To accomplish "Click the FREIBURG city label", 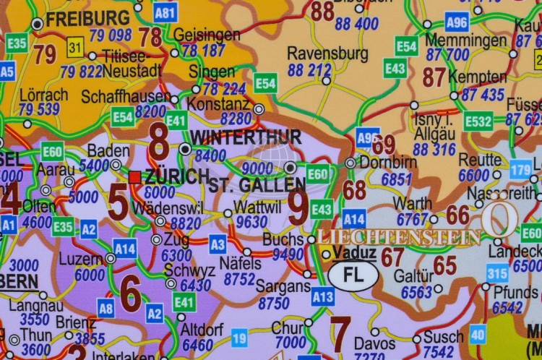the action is tap(87, 18).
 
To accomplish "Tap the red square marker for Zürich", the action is tap(134, 176).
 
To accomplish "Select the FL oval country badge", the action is tap(353, 275).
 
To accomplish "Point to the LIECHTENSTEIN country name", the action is tap(399, 237).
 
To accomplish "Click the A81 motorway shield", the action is tap(165, 12).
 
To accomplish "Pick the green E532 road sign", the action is tap(478, 121).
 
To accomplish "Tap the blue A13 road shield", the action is tap(322, 296).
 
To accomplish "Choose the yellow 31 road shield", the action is tap(75, 49).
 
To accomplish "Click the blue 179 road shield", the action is tap(520, 169).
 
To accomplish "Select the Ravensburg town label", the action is tap(327, 53).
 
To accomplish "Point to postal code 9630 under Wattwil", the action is tap(251, 222).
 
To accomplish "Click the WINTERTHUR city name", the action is tap(245, 137).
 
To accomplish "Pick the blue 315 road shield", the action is tap(496, 273).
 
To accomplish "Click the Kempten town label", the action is tap(477, 77).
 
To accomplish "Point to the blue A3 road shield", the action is tap(218, 244).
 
